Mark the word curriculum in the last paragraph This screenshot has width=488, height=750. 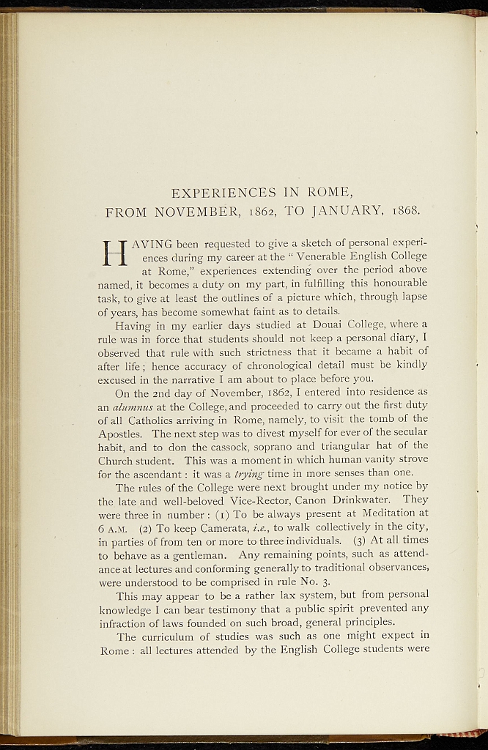pos(171,636)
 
